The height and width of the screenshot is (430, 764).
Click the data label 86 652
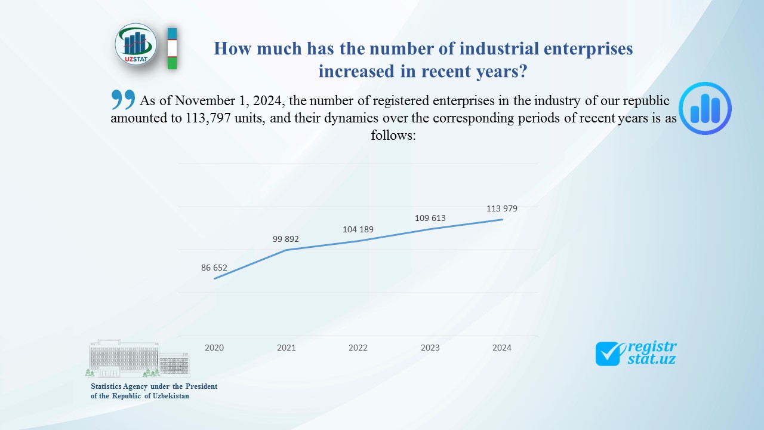214,268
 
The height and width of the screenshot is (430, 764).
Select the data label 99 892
286,239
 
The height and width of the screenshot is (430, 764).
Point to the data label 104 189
358,229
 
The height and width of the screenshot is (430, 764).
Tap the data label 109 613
430,218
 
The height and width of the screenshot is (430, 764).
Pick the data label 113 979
502,208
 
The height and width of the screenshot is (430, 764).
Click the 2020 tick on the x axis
214,348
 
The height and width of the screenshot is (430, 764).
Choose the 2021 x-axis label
286,348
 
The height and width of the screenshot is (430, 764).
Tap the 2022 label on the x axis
358,348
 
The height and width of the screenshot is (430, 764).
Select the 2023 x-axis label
430,348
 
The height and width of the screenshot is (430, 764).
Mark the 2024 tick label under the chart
502,348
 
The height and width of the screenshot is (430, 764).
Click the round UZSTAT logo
136,45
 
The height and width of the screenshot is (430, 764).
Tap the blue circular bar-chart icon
705,108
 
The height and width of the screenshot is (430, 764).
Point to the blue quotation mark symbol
123,99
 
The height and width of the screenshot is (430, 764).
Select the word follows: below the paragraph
393,135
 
